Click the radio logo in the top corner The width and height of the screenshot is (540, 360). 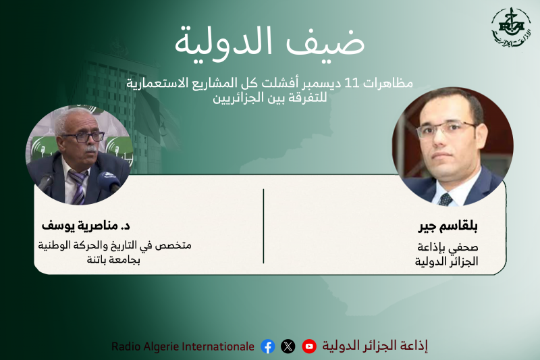click(x=511, y=28)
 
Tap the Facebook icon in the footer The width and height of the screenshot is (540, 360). click(x=268, y=346)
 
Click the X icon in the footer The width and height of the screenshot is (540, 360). click(x=288, y=346)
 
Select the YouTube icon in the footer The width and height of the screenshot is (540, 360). click(x=309, y=346)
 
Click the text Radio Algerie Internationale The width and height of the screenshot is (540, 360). click(x=183, y=346)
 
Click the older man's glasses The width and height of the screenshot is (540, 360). click(x=82, y=136)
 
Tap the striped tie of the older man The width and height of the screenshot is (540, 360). click(x=78, y=186)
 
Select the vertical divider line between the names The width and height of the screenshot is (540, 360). click(x=264, y=226)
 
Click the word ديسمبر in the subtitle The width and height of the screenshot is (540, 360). click(x=320, y=84)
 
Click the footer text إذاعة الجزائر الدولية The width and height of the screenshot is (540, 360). click(x=375, y=346)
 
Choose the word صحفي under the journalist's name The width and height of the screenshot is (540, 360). click(x=465, y=247)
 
